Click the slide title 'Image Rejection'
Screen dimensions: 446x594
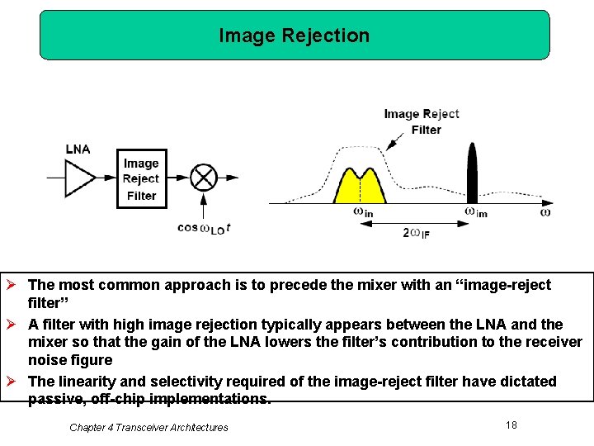point(295,36)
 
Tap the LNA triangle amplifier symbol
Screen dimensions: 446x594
point(80,177)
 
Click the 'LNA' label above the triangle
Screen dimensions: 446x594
point(78,149)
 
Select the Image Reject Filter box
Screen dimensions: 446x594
point(141,179)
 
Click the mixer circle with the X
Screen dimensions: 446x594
point(203,178)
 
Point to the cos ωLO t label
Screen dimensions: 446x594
point(203,229)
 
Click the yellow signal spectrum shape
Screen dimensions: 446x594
point(360,187)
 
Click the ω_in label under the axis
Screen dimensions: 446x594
point(363,213)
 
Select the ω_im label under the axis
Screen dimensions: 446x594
point(476,213)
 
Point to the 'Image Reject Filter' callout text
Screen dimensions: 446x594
point(422,121)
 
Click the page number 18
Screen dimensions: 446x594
point(511,425)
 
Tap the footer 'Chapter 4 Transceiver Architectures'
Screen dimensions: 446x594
point(148,427)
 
